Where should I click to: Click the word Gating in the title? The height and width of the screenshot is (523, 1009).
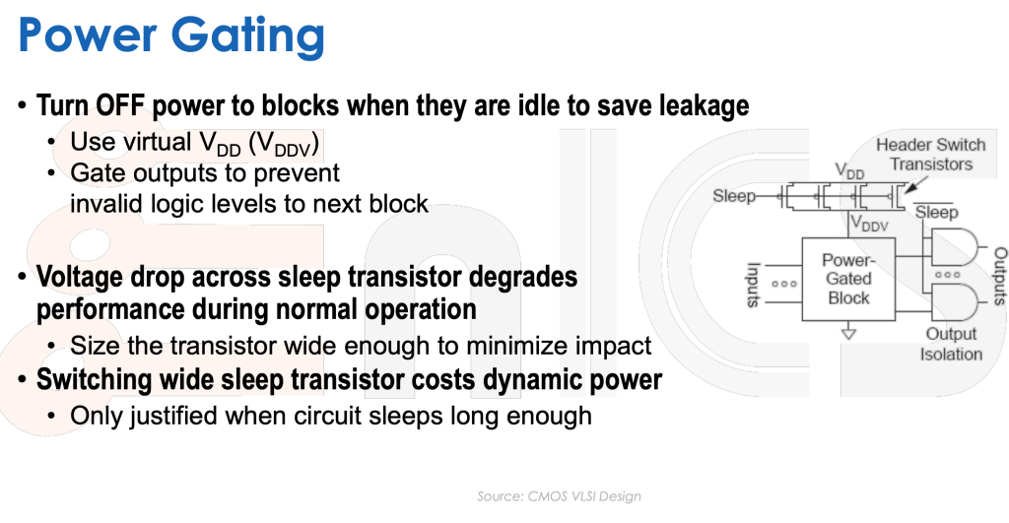pyautogui.click(x=247, y=36)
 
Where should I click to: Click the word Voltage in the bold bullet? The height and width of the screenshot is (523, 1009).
pyautogui.click(x=79, y=278)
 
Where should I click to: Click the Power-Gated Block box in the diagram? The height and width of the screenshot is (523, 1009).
pyautogui.click(x=848, y=279)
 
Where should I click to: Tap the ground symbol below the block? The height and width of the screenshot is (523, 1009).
pyautogui.click(x=848, y=333)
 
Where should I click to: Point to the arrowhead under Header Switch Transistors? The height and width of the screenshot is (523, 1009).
pyautogui.click(x=908, y=188)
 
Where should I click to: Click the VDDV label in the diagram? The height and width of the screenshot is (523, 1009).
pyautogui.click(x=869, y=224)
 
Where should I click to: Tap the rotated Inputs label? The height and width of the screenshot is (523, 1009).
pyautogui.click(x=753, y=284)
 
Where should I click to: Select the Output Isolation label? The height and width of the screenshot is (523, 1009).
pyautogui.click(x=951, y=344)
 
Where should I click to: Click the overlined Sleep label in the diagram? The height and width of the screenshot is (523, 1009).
pyautogui.click(x=936, y=211)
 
